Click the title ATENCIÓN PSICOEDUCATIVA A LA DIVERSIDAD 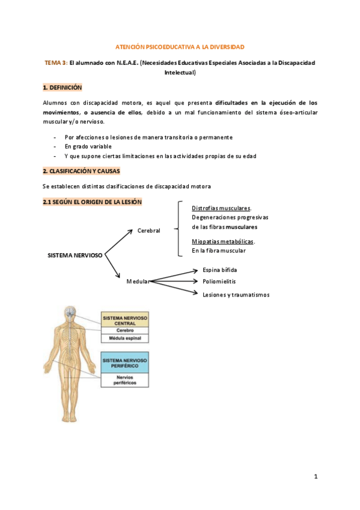[180, 46]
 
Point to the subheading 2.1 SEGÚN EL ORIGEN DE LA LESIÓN [92, 202]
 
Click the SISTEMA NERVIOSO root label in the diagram [75, 255]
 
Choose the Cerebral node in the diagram [148, 230]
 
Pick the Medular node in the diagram [137, 281]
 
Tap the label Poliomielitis [219, 281]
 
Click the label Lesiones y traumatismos [236, 295]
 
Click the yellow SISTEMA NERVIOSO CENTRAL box [125, 320]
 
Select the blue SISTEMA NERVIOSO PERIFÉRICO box [125, 363]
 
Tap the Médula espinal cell [125, 339]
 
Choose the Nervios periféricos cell [125, 379]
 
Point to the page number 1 [315, 477]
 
